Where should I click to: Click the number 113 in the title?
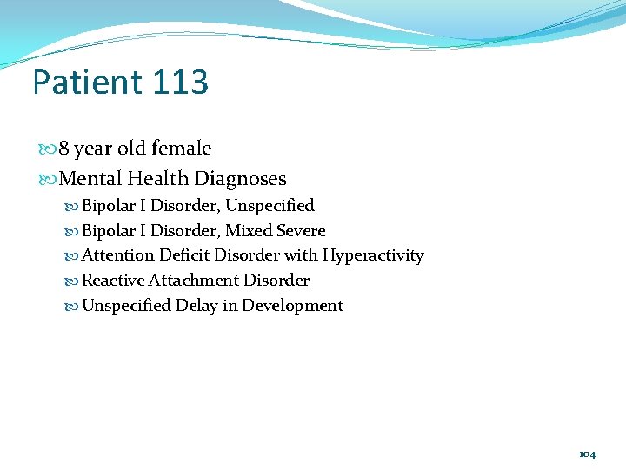pyautogui.click(x=180, y=83)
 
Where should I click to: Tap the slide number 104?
pyautogui.click(x=587, y=454)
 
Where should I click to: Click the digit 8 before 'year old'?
pyautogui.click(x=64, y=149)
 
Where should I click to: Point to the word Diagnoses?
pyautogui.click(x=241, y=179)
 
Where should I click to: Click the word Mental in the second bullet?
pyautogui.click(x=90, y=179)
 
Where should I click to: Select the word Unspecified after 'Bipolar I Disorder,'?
pyautogui.click(x=270, y=206)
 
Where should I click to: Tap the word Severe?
pyautogui.click(x=301, y=231)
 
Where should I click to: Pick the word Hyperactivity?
pyautogui.click(x=373, y=255)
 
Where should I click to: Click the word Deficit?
pyautogui.click(x=184, y=255)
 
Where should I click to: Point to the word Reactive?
pyautogui.click(x=112, y=281)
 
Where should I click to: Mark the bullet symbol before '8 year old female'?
pyautogui.click(x=49, y=149)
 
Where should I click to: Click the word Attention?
pyautogui.click(x=117, y=255)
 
